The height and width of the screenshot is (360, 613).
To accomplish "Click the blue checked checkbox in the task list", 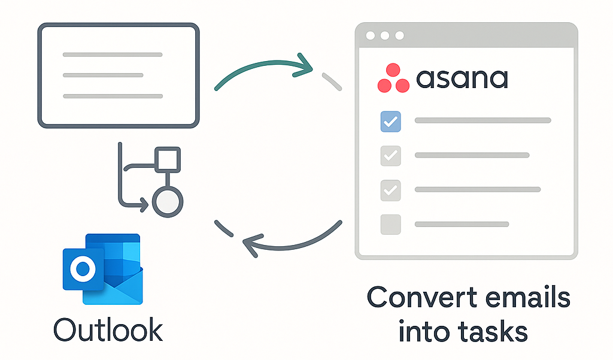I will click(x=390, y=122).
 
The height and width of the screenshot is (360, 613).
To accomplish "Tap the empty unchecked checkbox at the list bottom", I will click(x=390, y=224).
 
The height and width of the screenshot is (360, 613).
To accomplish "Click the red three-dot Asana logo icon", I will click(x=393, y=78).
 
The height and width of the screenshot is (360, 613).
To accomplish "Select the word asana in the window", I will click(x=462, y=78).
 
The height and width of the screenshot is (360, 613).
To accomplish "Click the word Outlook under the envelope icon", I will click(x=108, y=329).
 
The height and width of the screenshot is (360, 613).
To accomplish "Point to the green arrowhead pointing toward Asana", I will click(x=304, y=65).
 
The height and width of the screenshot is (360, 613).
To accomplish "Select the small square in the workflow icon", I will click(x=167, y=158).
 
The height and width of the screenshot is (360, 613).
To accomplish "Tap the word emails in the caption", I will click(x=526, y=297).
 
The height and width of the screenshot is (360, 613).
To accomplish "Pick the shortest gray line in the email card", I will click(x=103, y=75).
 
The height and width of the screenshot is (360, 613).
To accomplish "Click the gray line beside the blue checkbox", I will click(x=482, y=121).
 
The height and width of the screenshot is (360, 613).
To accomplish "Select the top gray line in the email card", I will click(x=113, y=55).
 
